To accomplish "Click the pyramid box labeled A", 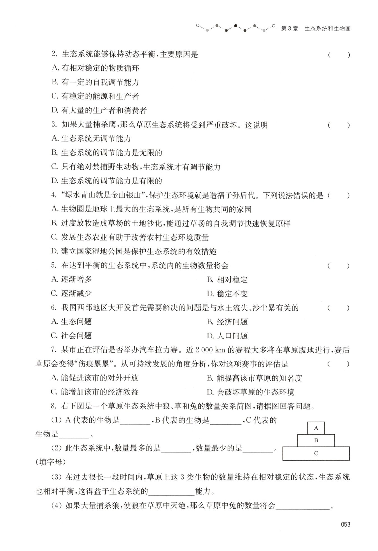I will (x=316, y=428).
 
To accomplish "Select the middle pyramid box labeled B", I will (x=316, y=440).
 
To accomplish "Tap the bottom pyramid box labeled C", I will (x=316, y=453).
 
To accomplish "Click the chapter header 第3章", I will (x=290, y=29).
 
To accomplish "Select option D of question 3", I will (x=107, y=181).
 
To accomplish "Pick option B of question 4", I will (x=171, y=223).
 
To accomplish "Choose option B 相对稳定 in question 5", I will (x=227, y=279).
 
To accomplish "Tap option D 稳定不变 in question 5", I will (x=227, y=294).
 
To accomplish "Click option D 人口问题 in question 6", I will (x=227, y=336).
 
